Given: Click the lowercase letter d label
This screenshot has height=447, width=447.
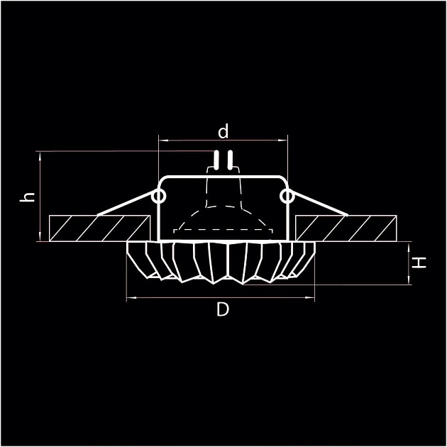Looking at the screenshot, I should click(223, 131).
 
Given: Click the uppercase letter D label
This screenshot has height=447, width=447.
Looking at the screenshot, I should click(223, 310).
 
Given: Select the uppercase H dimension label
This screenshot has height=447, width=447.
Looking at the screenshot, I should click(421, 263).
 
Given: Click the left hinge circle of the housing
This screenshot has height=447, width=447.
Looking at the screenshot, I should click(159, 195).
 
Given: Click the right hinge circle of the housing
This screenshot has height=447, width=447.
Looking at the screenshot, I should click(287, 195).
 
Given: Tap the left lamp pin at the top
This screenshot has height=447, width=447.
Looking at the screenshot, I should click(217, 161).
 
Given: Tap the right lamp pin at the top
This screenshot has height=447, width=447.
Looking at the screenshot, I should click(229, 161).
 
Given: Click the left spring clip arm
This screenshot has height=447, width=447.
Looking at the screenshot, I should click(124, 206).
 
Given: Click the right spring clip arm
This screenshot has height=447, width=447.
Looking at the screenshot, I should click(319, 206).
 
